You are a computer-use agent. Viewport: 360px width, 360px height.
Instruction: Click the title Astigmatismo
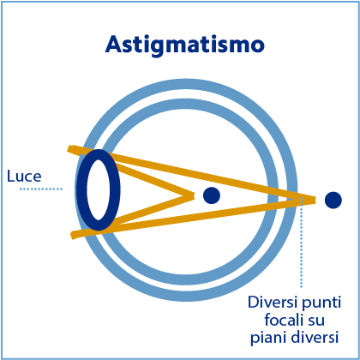coord(185,45)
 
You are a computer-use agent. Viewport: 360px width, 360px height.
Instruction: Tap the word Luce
coord(24,176)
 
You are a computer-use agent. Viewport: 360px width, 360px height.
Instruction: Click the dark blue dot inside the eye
coord(212,195)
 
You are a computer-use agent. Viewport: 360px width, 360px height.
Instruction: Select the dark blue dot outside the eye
coord(333,200)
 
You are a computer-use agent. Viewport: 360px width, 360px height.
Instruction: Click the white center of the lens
coord(99,189)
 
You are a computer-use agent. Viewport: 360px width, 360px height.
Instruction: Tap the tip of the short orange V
coord(194,195)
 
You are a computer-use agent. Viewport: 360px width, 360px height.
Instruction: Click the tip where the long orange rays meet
coord(315,200)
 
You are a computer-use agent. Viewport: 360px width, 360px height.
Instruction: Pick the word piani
coord(267,339)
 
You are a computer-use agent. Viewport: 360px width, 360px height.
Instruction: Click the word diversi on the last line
coord(314,338)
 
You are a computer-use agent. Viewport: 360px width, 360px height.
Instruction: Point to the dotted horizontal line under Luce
coord(41,189)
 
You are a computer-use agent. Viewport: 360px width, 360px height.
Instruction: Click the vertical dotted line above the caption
coord(301,242)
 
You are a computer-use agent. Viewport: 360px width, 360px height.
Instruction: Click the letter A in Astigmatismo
coord(115,45)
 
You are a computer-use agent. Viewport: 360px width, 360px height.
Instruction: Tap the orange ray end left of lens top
coord(69,148)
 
